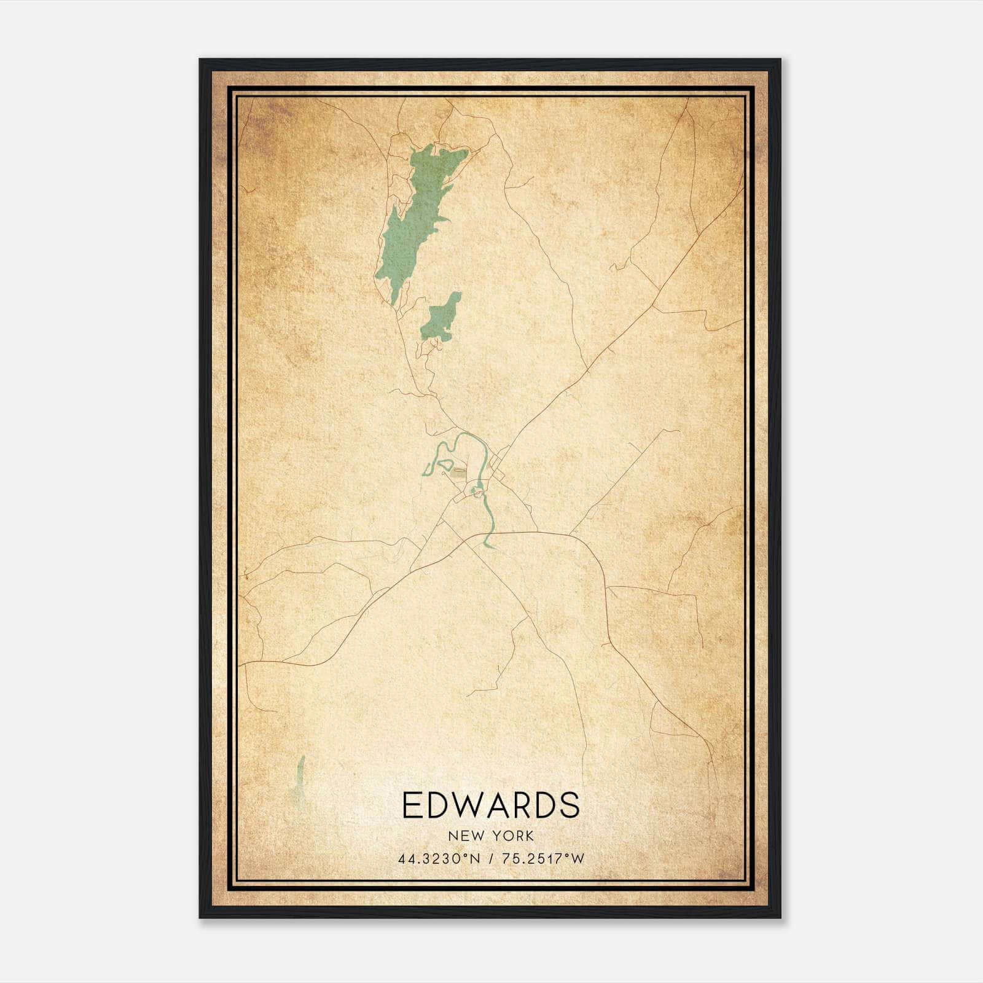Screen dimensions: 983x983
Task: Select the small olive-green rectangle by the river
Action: tap(458, 472)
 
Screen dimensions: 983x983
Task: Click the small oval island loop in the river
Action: tap(474, 491)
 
